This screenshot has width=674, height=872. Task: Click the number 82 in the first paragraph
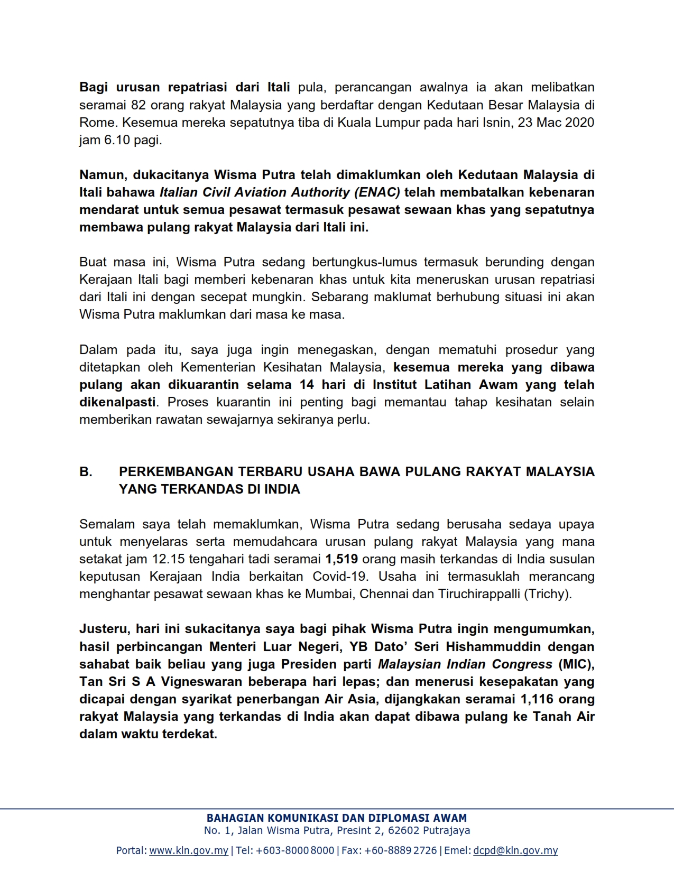pos(138,105)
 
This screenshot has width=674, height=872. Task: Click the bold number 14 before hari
pos(307,384)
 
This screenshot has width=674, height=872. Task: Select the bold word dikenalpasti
pos(117,402)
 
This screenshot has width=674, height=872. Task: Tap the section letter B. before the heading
pos(86,471)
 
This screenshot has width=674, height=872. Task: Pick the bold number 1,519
pos(341,559)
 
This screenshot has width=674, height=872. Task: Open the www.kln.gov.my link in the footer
pos(189,850)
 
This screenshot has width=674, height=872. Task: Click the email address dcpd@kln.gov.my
pos(515,850)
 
